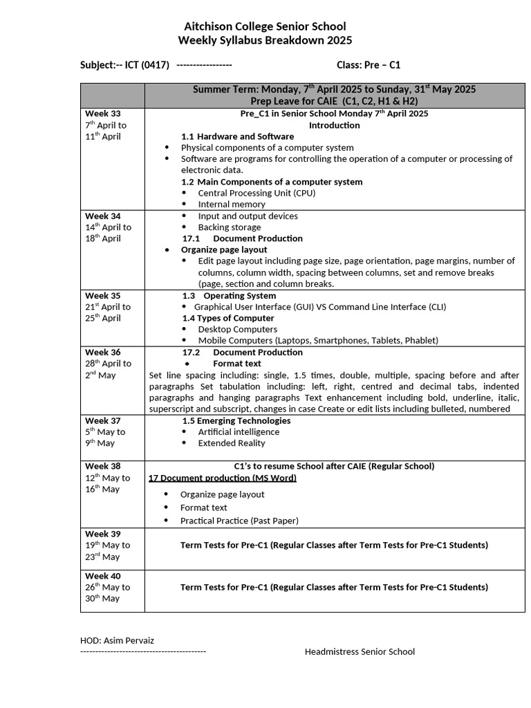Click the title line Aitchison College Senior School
265,26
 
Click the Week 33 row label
102,113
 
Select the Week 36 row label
102,352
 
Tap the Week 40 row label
102,575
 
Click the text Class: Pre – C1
368,65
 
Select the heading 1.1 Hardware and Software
237,136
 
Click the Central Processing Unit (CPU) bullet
256,193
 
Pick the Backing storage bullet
229,227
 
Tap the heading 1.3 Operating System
229,295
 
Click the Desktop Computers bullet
237,329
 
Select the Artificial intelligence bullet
239,431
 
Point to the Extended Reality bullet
231,443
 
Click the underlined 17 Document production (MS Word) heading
222,478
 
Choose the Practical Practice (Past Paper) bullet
239,521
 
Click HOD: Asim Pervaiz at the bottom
117,640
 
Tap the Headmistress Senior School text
360,651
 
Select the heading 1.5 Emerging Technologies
236,420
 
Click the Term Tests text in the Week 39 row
334,545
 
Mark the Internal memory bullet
231,204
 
